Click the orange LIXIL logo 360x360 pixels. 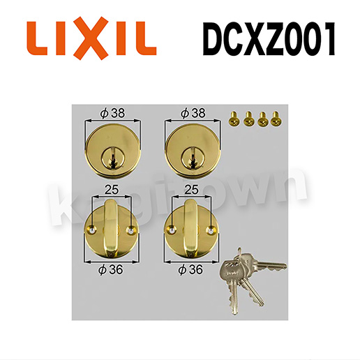(91, 38)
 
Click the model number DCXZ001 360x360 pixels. (269, 39)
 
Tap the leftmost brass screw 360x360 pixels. (233, 119)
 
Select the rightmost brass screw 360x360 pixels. (276, 119)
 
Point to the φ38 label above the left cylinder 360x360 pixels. (112, 113)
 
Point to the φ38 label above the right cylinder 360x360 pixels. (193, 113)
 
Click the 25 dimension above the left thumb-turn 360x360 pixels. (112, 190)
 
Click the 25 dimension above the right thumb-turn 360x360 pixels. (192, 190)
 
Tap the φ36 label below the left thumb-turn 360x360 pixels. (110, 270)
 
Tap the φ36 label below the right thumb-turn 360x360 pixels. (190, 270)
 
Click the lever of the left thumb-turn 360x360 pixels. (112, 227)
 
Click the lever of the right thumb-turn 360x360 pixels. (191, 227)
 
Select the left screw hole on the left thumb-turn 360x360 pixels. (92, 230)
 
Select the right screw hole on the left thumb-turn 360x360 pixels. (130, 230)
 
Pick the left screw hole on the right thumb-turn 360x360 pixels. (172, 230)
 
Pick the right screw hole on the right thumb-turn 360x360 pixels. (211, 230)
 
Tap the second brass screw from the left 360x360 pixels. (248, 119)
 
